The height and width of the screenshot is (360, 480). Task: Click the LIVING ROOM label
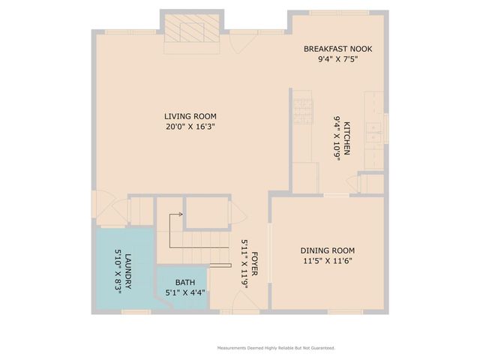(190, 116)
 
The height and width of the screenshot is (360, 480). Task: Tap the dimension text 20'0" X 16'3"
(190, 127)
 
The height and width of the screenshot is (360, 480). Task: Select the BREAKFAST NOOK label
(337, 49)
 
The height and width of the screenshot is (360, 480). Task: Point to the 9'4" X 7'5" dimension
(337, 59)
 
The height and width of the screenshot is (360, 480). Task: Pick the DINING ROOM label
(327, 250)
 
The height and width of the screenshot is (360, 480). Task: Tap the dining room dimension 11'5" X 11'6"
(327, 261)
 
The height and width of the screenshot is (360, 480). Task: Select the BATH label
(185, 283)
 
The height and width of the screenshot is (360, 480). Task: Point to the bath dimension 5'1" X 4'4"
(185, 292)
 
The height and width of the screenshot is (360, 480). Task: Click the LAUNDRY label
(128, 271)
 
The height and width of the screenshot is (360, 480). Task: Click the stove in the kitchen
(301, 109)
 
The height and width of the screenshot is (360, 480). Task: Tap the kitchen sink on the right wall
(373, 131)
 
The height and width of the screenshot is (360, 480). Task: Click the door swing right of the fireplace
(238, 42)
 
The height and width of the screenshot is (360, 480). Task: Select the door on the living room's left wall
(100, 203)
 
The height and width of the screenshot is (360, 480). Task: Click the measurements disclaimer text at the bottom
(275, 348)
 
